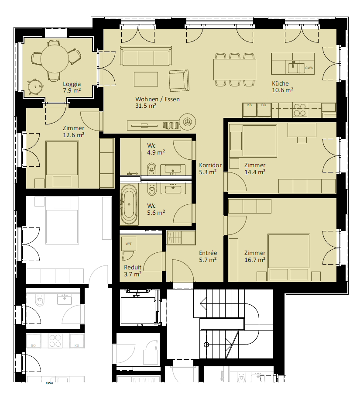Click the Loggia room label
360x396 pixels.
tap(72, 84)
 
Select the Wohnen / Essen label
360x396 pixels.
tap(158, 99)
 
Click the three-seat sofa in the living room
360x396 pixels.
tap(146, 56)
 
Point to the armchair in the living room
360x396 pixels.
tap(179, 81)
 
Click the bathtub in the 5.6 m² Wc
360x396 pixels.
tap(129, 205)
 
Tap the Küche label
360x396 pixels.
tap(280, 83)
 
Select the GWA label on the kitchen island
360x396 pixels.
tap(309, 68)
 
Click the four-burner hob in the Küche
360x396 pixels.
tap(300, 110)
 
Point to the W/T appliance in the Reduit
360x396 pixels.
tap(128, 244)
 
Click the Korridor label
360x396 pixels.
tap(210, 165)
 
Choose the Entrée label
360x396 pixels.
tap(208, 253)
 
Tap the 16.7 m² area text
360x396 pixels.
tap(255, 260)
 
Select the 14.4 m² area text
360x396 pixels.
tap(255, 172)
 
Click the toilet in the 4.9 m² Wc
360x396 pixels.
tap(151, 169)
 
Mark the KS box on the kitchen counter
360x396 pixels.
tap(250, 110)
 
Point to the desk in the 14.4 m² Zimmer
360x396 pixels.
tap(302, 130)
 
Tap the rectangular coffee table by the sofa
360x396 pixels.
tap(146, 79)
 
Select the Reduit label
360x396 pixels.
tap(133, 267)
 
